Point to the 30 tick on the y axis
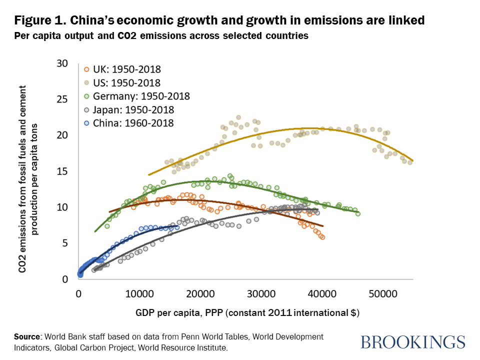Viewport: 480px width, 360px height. pos(62,63)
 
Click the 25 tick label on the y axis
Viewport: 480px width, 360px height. pos(62,99)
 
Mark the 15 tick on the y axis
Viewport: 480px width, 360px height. pos(62,171)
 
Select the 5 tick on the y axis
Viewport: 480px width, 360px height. pos(65,243)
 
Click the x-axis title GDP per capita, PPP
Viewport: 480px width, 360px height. pos(247,313)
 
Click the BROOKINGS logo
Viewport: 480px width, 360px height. pos(412,342)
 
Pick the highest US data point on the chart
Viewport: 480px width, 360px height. pos(238,117)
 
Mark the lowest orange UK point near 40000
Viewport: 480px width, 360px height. pos(322,237)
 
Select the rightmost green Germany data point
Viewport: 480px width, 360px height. pos(357,213)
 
